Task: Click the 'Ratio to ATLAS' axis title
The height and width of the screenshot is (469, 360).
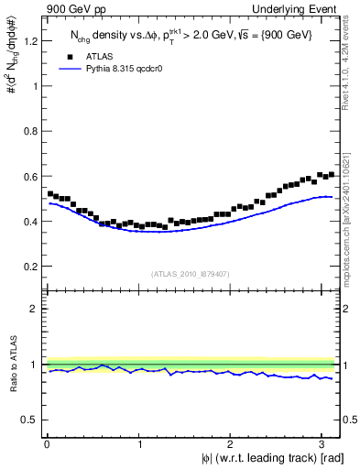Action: coord(12,365)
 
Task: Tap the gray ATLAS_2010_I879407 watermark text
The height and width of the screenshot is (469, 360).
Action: coord(191,274)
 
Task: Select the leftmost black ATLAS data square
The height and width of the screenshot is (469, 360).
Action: coord(49,193)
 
